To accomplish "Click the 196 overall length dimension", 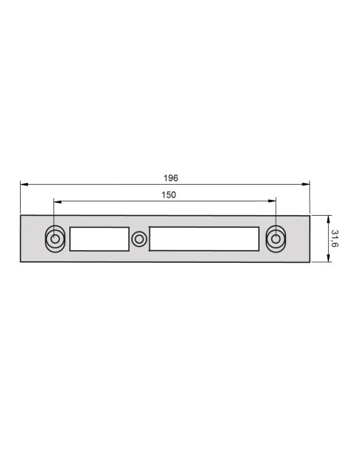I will (x=171, y=178).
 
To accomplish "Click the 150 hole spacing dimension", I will (x=168, y=194).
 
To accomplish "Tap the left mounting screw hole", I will (x=54, y=238).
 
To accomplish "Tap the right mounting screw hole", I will (x=276, y=238).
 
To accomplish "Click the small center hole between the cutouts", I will (x=139, y=238).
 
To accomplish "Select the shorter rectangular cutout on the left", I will (x=100, y=239).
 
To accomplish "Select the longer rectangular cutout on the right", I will (x=204, y=239).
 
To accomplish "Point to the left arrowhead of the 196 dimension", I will (x=24, y=185).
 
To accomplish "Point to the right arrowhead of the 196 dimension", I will (x=307, y=185).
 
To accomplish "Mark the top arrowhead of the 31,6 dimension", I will (x=326, y=217).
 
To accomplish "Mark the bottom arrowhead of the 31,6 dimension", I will (x=326, y=260).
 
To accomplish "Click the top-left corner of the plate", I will (x=21, y=215).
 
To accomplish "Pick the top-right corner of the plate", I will (x=310, y=215).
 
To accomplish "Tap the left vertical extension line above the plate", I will (x=21, y=199).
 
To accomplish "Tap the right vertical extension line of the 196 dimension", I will (x=310, y=199).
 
